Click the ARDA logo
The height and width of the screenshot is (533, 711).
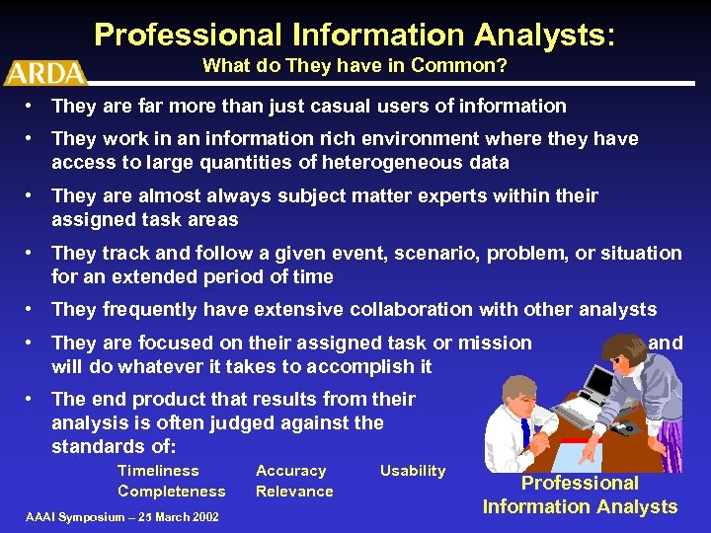45,72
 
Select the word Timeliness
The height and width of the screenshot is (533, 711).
158,471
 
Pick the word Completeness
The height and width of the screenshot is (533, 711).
171,491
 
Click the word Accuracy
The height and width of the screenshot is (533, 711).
290,471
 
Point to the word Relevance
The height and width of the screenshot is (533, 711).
294,491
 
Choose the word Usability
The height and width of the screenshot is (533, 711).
413,471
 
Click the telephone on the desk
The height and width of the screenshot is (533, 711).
622,428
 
